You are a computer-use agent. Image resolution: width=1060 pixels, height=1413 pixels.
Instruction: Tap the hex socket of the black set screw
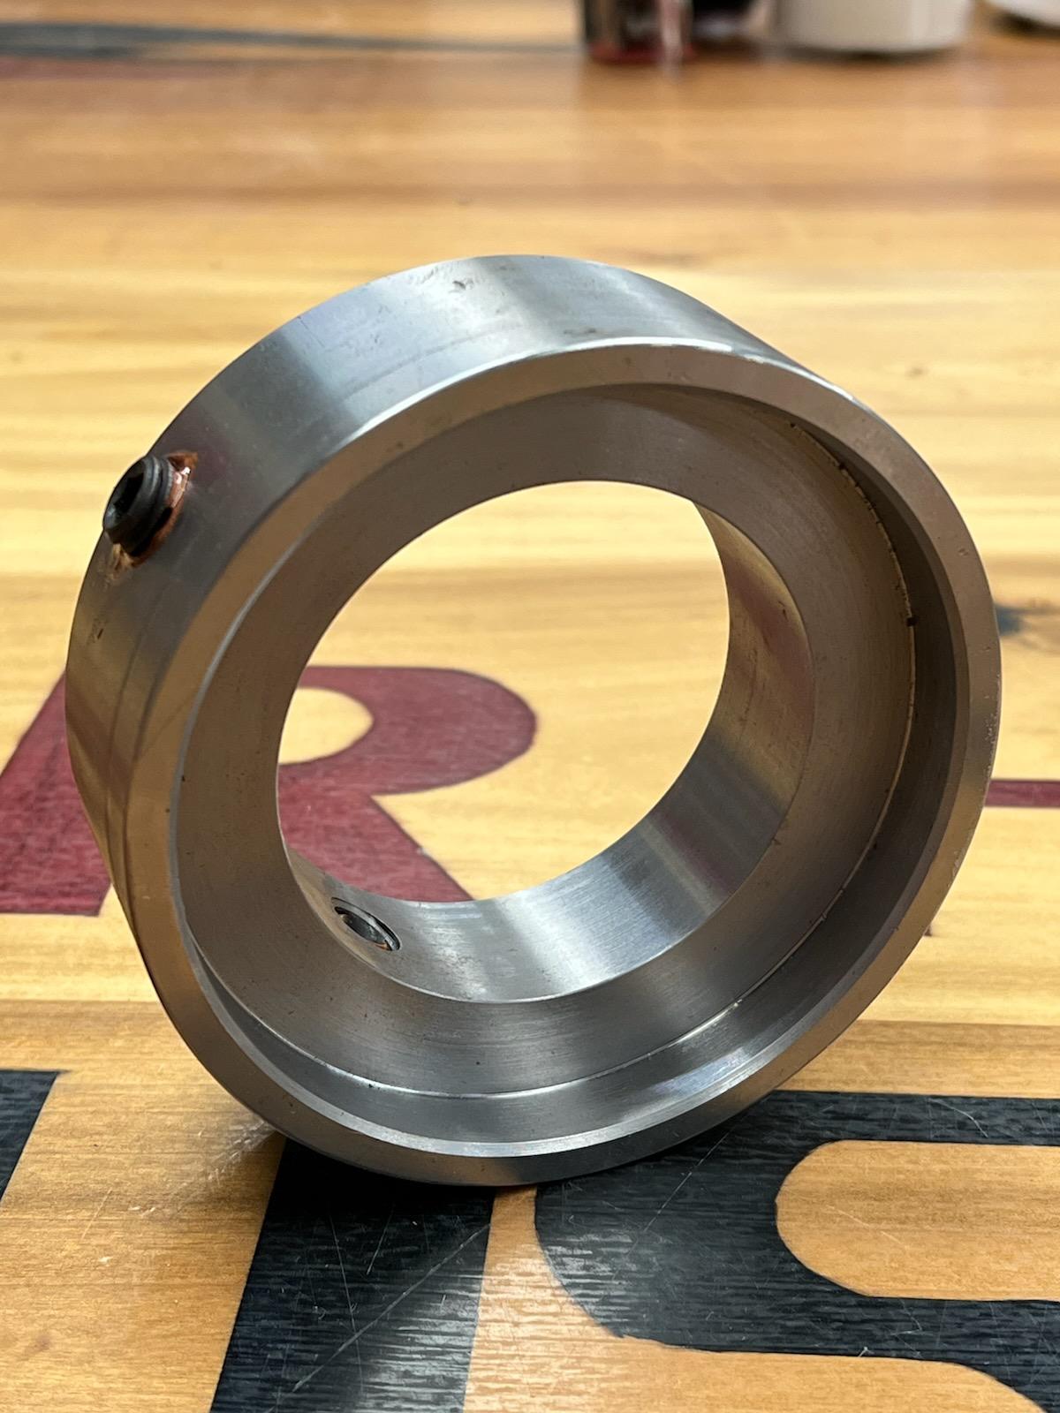[130, 503]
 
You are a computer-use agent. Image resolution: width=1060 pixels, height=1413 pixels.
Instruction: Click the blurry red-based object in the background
[636, 26]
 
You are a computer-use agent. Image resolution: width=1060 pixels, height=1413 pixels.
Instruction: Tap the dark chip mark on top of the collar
[458, 287]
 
